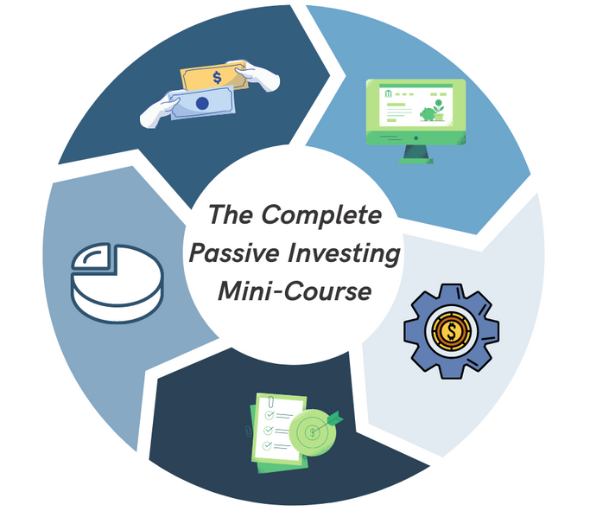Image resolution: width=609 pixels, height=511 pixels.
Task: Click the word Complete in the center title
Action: pos(321,214)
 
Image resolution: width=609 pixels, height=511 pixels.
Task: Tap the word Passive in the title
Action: pos(234,252)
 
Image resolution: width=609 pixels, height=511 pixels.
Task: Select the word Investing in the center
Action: pos(344,254)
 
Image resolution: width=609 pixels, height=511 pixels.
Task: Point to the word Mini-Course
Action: pos(295,291)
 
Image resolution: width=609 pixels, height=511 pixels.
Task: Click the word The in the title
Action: pos(231,214)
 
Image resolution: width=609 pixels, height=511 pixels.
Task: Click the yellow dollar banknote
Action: pos(214,78)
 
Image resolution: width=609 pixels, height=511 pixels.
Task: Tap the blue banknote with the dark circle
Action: pos(202,102)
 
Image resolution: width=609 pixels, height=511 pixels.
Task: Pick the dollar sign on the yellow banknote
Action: pos(217,78)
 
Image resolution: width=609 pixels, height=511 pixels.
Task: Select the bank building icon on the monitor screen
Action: pos(389,93)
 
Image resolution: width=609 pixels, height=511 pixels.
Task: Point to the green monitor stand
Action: pos(416,154)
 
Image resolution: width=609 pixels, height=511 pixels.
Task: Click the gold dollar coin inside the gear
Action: pos(451,331)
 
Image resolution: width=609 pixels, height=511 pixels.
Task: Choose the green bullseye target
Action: pos(312,431)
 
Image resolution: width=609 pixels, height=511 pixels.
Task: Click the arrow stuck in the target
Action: pos(327,422)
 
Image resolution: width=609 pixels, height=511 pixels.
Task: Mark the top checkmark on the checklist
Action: pos(269,415)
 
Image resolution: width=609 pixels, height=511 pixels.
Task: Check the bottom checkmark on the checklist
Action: pos(267,445)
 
